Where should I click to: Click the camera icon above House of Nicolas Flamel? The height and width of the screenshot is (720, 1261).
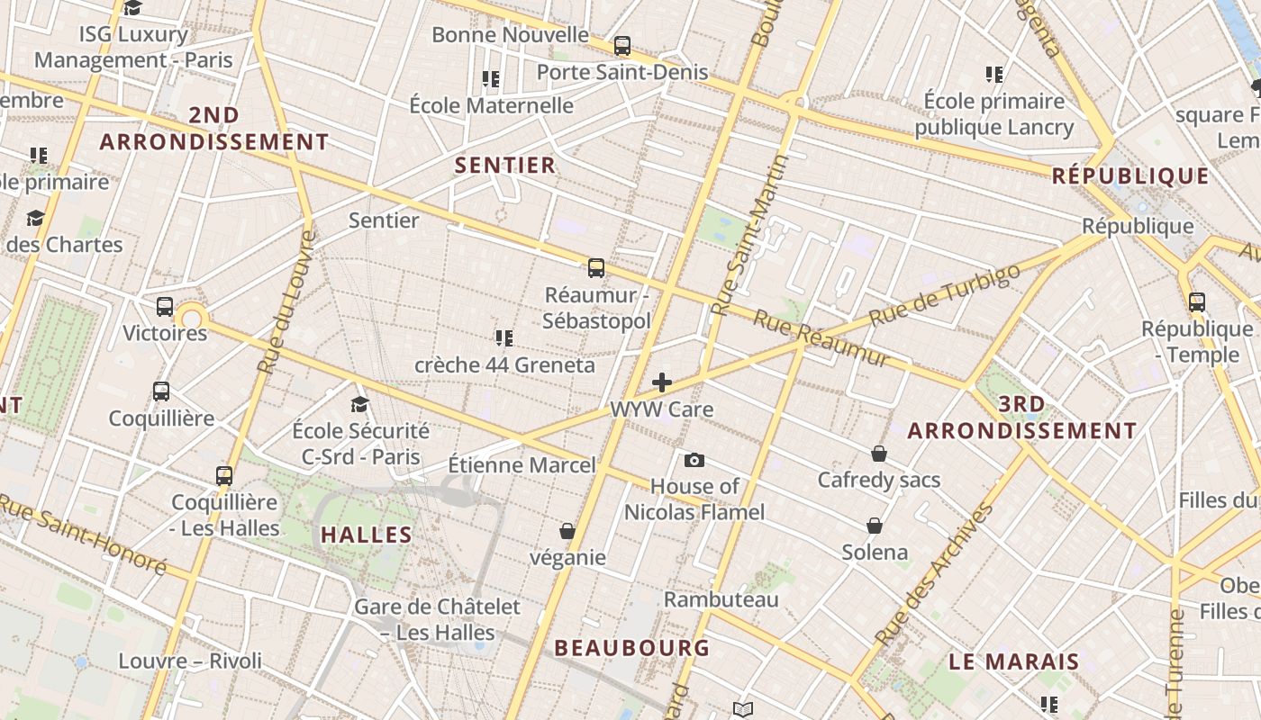point(694,460)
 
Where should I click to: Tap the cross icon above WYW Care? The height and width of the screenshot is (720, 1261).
point(662,382)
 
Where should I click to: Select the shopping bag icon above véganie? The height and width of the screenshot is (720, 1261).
point(567,531)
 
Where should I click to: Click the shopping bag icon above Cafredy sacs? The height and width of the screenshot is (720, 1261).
point(878,454)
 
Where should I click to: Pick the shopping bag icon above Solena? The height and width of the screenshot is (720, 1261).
point(874,525)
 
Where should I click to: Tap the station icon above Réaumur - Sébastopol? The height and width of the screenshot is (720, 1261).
point(596,267)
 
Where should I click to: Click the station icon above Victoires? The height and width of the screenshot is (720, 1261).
point(165,306)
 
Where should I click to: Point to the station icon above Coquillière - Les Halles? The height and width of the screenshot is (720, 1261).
point(224,475)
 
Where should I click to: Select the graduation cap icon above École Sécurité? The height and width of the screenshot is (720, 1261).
point(360,404)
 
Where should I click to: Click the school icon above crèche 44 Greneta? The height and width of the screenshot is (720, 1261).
point(504,338)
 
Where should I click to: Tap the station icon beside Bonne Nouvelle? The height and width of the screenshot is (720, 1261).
point(621,45)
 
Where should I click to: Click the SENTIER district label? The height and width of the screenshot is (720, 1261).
point(505,166)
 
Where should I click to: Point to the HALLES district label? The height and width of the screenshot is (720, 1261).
point(367,535)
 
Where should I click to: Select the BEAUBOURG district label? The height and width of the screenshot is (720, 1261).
point(631,648)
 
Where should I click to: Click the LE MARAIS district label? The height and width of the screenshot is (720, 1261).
point(1013,661)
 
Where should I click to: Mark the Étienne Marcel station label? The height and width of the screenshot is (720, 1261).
point(522,465)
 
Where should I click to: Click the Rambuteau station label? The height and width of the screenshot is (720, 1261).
point(721,599)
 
